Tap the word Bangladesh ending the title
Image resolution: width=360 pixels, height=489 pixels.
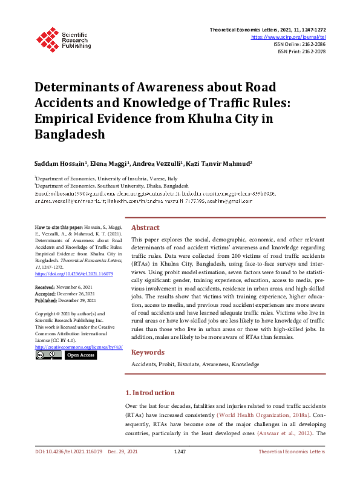pyautogui.click(x=70, y=134)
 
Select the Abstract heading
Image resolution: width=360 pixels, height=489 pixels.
pyautogui.click(x=145, y=228)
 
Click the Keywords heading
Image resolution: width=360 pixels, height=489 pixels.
pyautogui.click(x=148, y=352)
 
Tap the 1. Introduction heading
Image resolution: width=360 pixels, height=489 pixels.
pyautogui.click(x=149, y=393)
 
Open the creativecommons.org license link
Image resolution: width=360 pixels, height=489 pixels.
pyautogui.click(x=79, y=347)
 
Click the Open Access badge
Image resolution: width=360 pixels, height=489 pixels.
pyautogui.click(x=80, y=355)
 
